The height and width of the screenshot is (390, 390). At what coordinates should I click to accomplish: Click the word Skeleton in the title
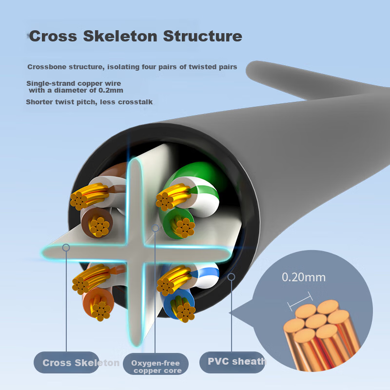[x=120, y=36]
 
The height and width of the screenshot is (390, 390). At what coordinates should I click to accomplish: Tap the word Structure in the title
[x=202, y=36]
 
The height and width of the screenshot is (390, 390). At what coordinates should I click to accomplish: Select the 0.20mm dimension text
[x=304, y=277]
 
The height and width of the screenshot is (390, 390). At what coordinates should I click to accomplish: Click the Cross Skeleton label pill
[x=66, y=362]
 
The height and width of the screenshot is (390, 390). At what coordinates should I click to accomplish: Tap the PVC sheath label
[x=232, y=362]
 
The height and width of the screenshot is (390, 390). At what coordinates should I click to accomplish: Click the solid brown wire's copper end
[x=99, y=227]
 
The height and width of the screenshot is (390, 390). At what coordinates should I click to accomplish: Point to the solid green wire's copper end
[x=185, y=227]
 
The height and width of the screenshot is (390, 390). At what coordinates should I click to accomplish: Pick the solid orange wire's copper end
[x=101, y=311]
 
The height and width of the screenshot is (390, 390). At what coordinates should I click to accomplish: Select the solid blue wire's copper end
[x=185, y=312]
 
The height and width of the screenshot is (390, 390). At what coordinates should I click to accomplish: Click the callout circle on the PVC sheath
[x=231, y=277]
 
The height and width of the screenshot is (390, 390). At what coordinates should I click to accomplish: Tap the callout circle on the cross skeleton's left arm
[x=66, y=248]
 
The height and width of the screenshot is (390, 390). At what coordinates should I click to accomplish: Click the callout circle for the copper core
[x=155, y=228]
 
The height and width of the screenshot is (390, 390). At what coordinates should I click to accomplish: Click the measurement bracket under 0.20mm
[x=300, y=301]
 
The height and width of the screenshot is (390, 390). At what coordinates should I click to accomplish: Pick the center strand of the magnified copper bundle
[x=316, y=321]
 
